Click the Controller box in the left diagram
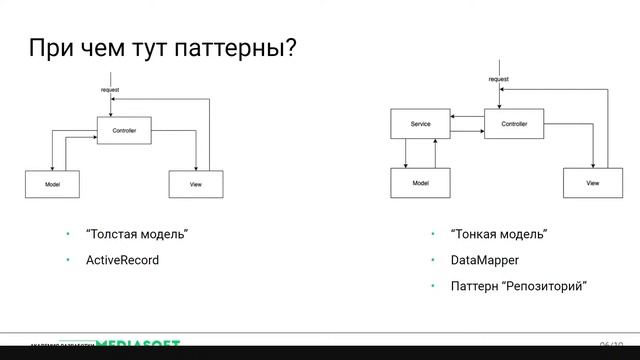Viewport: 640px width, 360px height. (x=124, y=131)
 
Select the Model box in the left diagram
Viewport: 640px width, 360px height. (x=53, y=184)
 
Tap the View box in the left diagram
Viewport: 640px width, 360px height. (x=195, y=184)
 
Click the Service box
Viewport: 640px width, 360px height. (x=420, y=125)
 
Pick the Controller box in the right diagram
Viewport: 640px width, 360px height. (x=514, y=125)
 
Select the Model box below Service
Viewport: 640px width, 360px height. (x=420, y=183)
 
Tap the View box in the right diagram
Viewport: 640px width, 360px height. (x=592, y=183)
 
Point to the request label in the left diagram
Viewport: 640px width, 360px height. (x=110, y=90)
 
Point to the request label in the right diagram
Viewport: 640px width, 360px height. (x=498, y=78)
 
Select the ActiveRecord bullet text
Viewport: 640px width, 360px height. (x=123, y=260)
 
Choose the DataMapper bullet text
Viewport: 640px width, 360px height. (x=485, y=260)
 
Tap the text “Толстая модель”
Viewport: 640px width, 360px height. (x=138, y=234)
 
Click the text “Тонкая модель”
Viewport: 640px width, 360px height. (x=499, y=234)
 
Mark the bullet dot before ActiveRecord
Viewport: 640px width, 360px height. (x=69, y=260)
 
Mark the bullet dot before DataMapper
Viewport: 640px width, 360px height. (x=433, y=260)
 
